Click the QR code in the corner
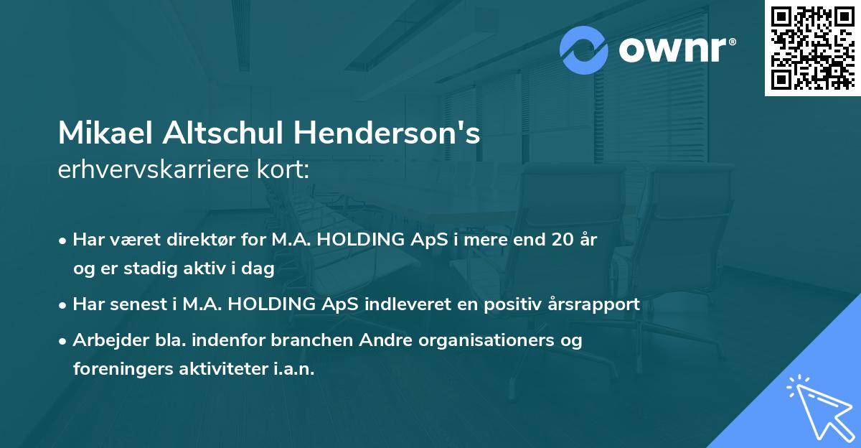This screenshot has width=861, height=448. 812,47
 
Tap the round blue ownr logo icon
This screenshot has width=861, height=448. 585,50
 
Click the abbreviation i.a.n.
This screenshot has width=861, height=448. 295,369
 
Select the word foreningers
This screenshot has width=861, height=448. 114,369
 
